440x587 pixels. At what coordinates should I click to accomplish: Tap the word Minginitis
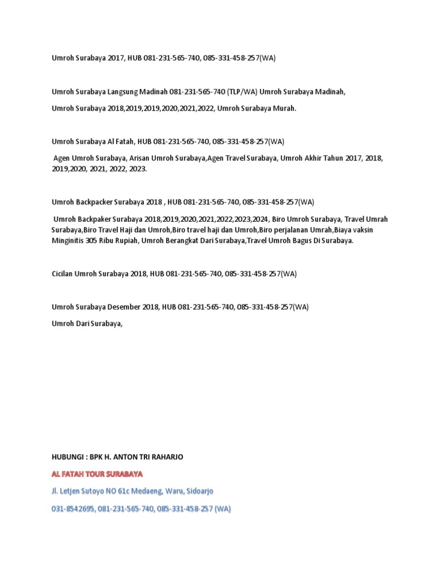pos(67,241)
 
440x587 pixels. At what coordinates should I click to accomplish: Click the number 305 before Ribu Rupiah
pos(91,241)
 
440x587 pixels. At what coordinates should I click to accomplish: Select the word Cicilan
pos(64,274)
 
